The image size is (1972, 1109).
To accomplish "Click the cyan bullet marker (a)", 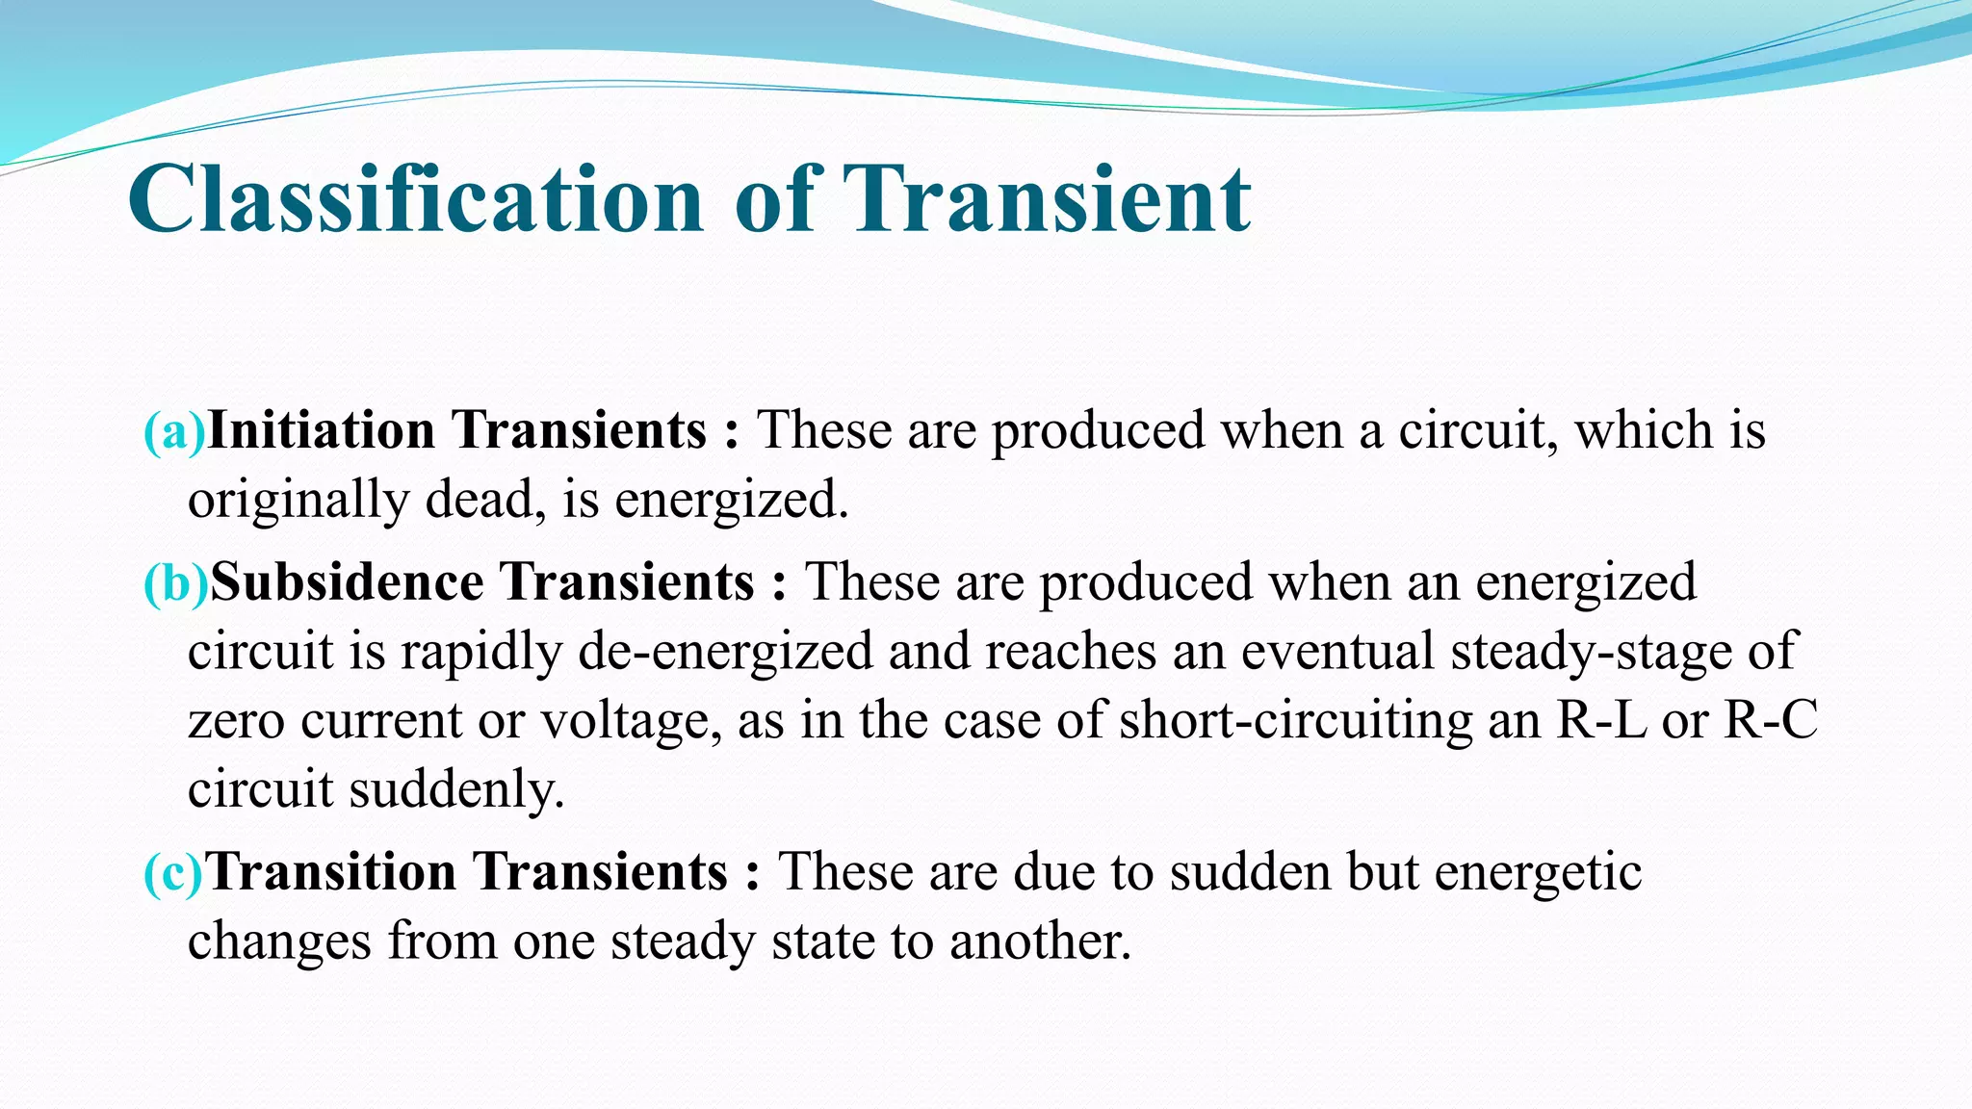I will coord(174,430).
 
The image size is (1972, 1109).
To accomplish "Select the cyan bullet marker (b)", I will coord(176,582).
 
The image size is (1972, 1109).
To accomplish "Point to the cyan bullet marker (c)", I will coord(174,872).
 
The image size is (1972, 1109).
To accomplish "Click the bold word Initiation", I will coord(322,430).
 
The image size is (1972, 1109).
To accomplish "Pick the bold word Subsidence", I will coord(347,582).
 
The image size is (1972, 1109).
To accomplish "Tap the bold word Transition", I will coord(331,872).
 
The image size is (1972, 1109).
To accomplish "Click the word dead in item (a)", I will coord(479,500).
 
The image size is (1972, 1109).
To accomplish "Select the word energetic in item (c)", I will coord(1538,873).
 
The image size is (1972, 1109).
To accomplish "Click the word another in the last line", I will coord(1040,941).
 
